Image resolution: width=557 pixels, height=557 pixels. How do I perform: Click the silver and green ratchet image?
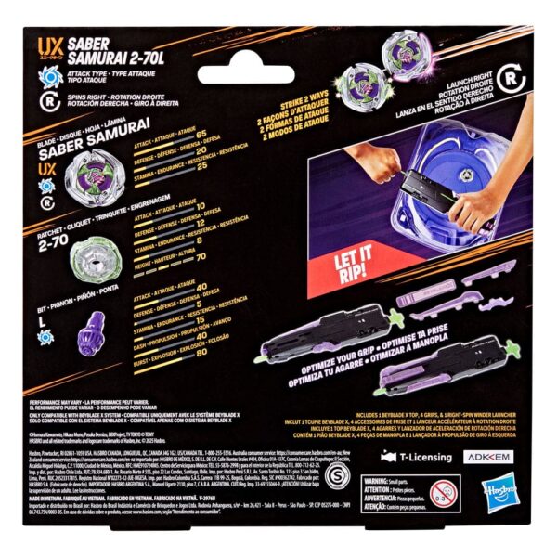[93, 250]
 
